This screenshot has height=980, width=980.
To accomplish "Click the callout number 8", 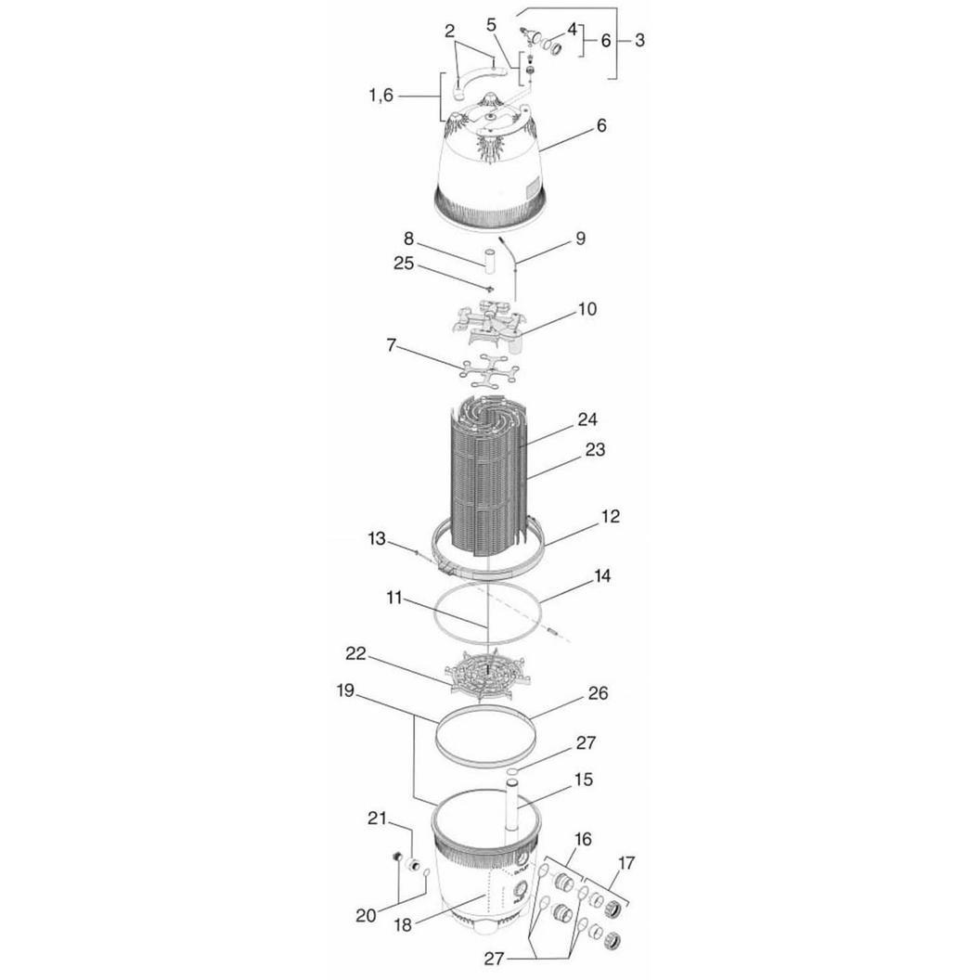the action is coord(408,239).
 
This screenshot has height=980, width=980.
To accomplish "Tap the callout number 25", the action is coord(404,264).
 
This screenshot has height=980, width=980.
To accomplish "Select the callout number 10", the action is coord(587,309).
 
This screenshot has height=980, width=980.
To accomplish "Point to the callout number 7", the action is coord(392,345).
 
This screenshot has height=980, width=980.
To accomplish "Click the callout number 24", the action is coord(587,419).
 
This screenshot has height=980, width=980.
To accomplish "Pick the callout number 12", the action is coord(610,516).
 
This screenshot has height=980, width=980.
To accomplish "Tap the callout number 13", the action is coord(377,538).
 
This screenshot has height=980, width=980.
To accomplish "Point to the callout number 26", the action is coord(599,693).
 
